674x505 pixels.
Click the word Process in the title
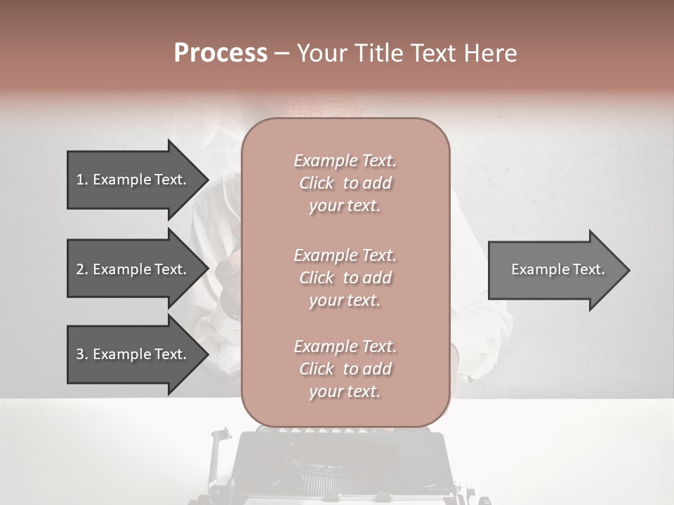(220, 53)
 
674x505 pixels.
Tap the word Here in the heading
(489, 53)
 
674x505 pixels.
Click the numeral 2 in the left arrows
(80, 269)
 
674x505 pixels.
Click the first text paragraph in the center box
(345, 183)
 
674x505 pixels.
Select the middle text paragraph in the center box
(345, 278)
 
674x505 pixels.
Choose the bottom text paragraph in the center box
(345, 369)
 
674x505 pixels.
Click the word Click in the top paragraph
(317, 183)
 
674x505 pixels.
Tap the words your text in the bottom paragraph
(345, 392)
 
